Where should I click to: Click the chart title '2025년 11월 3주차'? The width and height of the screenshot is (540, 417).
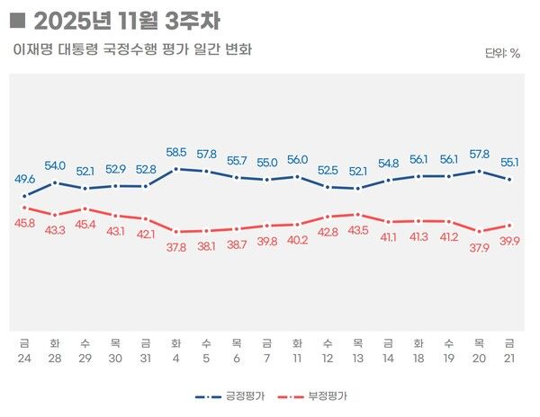pyautogui.click(x=126, y=20)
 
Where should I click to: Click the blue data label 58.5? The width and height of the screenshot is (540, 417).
pyautogui.click(x=176, y=153)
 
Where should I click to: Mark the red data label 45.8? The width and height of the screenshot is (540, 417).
pyautogui.click(x=25, y=223)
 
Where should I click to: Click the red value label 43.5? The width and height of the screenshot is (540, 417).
pyautogui.click(x=358, y=230)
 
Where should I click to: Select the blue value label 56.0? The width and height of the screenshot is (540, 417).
pyautogui.click(x=297, y=160)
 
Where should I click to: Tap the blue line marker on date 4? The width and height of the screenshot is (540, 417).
pyautogui.click(x=176, y=168)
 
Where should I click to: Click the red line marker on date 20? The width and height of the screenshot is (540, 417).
pyautogui.click(x=479, y=231)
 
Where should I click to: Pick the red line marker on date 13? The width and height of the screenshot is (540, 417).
pyautogui.click(x=358, y=214)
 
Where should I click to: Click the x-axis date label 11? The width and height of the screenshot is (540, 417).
pyautogui.click(x=297, y=359)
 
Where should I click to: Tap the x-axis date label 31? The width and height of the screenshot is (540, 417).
pyautogui.click(x=146, y=359)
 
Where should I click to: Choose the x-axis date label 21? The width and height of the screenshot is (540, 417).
pyautogui.click(x=509, y=359)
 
